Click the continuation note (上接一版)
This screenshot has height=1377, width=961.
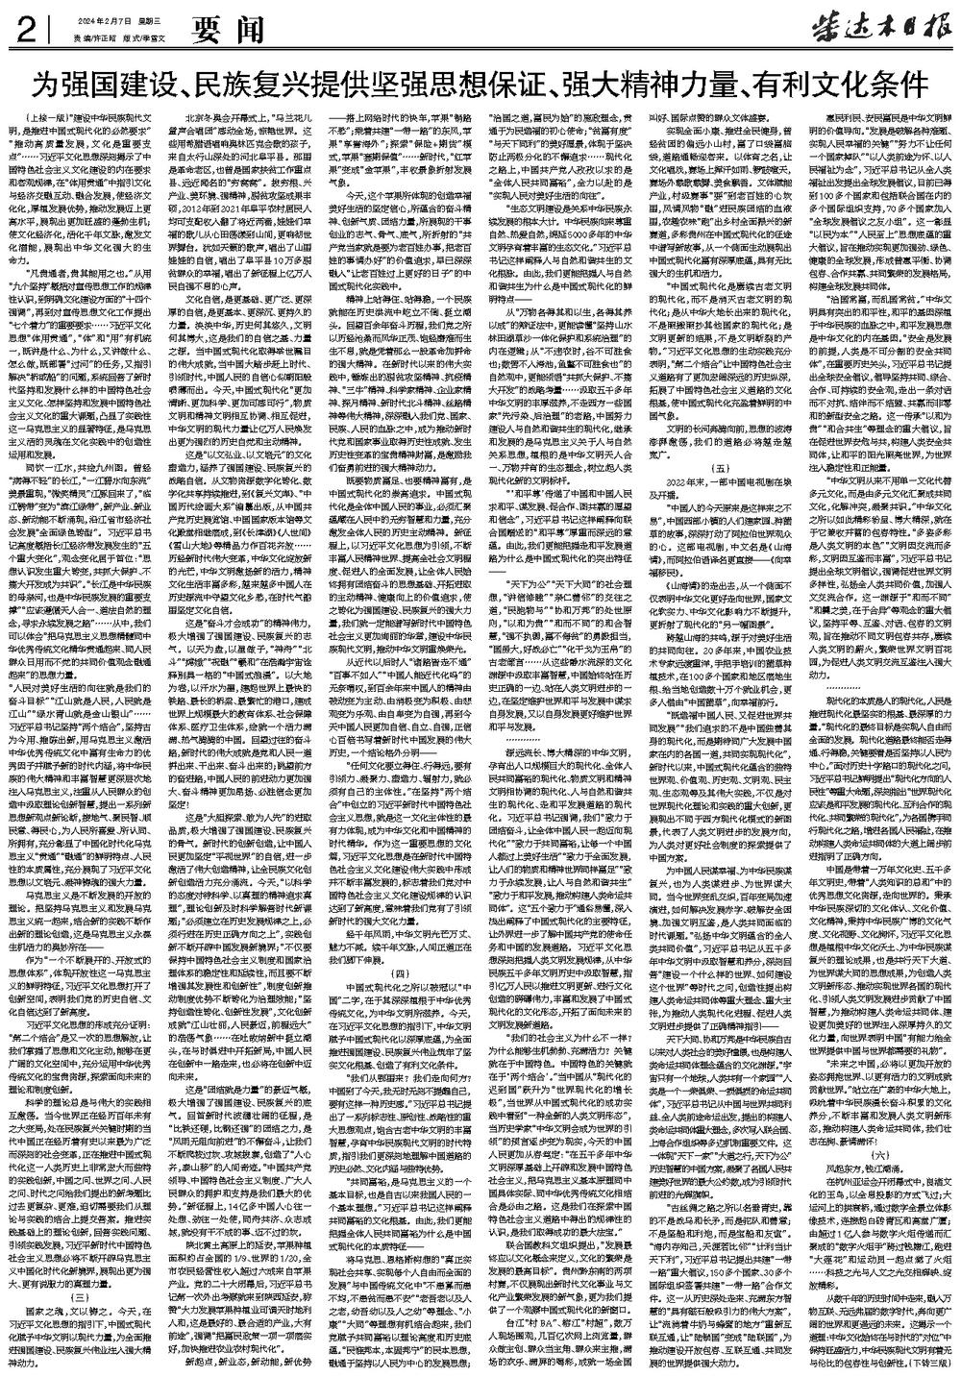[x=39, y=115]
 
